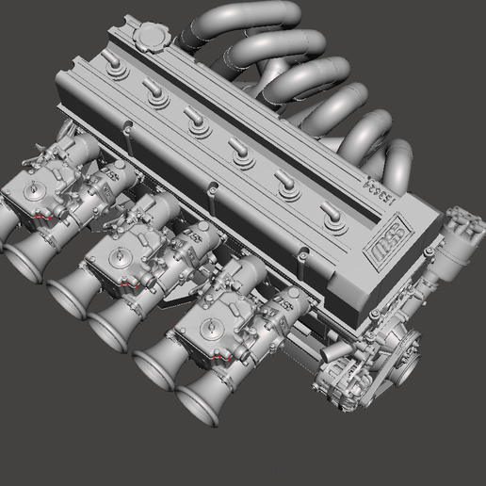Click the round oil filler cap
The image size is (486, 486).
pos(149,40)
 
